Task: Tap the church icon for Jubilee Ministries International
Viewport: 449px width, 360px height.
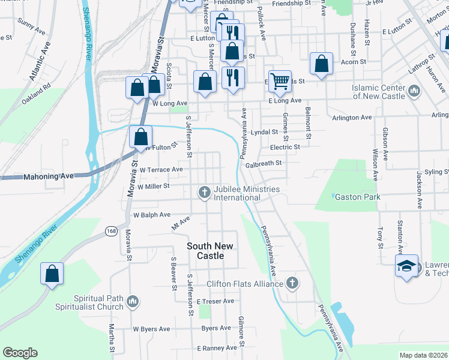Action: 204,193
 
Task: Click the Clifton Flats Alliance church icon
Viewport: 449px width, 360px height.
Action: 292,283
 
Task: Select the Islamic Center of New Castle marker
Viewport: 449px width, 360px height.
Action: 414,91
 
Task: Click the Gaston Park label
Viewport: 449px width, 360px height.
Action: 357,197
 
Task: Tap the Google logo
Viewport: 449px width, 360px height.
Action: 20,353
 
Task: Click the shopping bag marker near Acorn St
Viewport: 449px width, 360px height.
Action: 322,65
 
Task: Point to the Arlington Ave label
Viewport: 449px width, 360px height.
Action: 351,118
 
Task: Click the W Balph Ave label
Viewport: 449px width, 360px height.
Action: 152,214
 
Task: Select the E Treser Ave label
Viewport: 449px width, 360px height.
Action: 215,301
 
